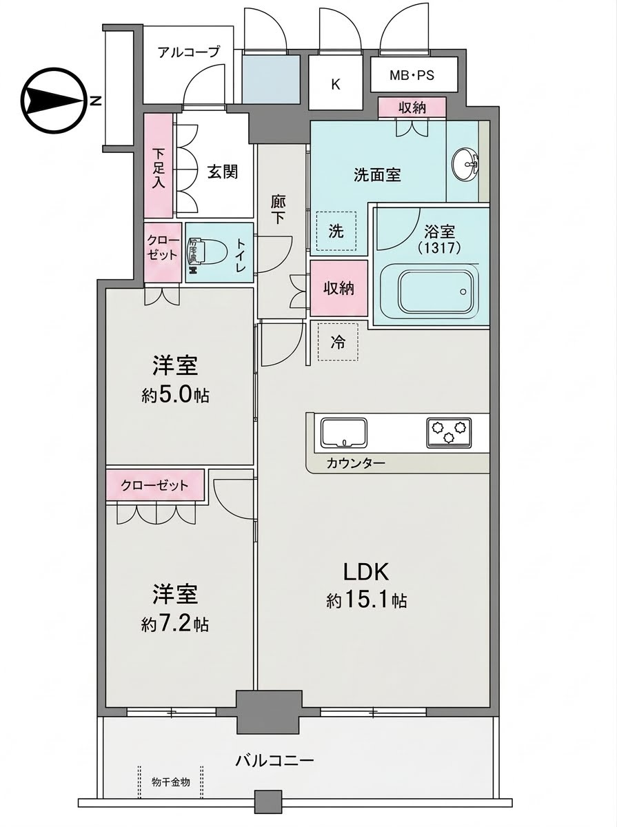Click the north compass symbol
pos(54,100)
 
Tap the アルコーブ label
pos(188,52)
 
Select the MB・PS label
pos(412,75)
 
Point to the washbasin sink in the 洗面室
pos(466,164)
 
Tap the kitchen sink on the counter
pos(344,432)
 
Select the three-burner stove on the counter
pos(449,432)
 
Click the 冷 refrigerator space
pos(338,342)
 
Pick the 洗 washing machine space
pos(336,231)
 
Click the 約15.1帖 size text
pos(366,611)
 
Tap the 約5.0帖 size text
pos(175,396)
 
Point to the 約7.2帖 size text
pos(175,624)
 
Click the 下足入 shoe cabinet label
pos(159,169)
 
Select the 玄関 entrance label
pos(223,172)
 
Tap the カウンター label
pos(356,463)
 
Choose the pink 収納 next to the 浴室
pos(338,288)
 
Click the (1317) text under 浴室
pos(439,248)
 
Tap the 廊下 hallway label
pos(278,210)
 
